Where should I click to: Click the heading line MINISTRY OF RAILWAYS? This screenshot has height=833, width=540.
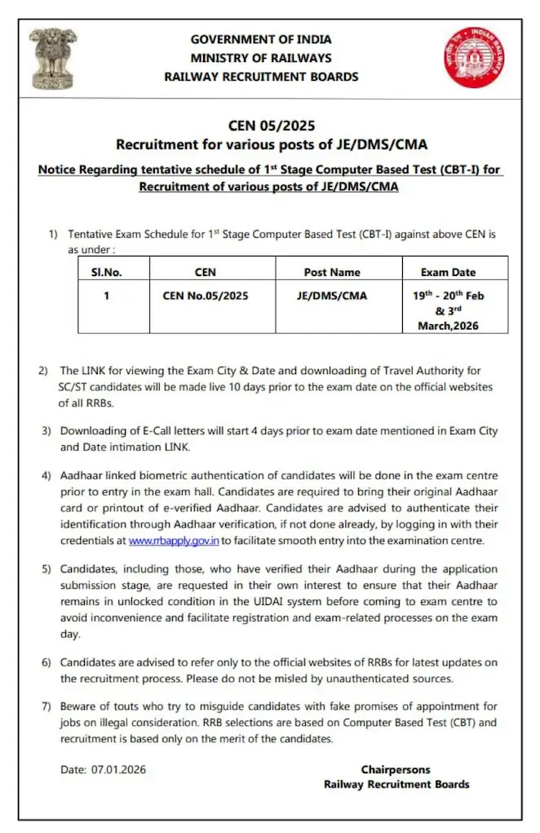pyautogui.click(x=261, y=58)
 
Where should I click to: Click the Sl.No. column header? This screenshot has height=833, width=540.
pyautogui.click(x=106, y=271)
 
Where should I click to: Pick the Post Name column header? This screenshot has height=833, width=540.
pyautogui.click(x=331, y=272)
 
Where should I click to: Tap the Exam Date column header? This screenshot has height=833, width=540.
pyautogui.click(x=448, y=272)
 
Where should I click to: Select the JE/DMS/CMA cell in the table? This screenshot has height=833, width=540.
pyautogui.click(x=331, y=296)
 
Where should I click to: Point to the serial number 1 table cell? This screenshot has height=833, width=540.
pyautogui.click(x=106, y=296)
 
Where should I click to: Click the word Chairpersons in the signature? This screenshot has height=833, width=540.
pyautogui.click(x=396, y=769)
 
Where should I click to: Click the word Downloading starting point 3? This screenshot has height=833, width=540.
pyautogui.click(x=97, y=430)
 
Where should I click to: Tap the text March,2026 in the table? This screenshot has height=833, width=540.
pyautogui.click(x=449, y=325)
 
